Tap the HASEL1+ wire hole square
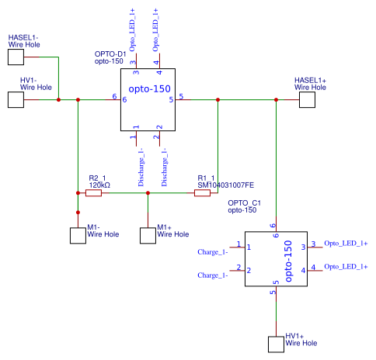[308, 99]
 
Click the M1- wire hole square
[78, 234]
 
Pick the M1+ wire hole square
[148, 234]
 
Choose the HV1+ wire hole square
[276, 343]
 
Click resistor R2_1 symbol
[93, 193]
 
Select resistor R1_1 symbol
[202, 193]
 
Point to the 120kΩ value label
[99, 185]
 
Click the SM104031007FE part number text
[225, 185]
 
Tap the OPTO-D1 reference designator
[110, 54]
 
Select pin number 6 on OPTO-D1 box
[114, 97]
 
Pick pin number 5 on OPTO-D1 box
[181, 97]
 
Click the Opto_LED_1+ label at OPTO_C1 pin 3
[346, 244]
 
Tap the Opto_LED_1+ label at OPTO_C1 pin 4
[346, 267]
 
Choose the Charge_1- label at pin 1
[212, 252]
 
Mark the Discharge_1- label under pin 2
[165, 166]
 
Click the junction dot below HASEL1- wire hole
[58, 99]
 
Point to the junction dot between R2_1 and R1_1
[148, 193]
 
